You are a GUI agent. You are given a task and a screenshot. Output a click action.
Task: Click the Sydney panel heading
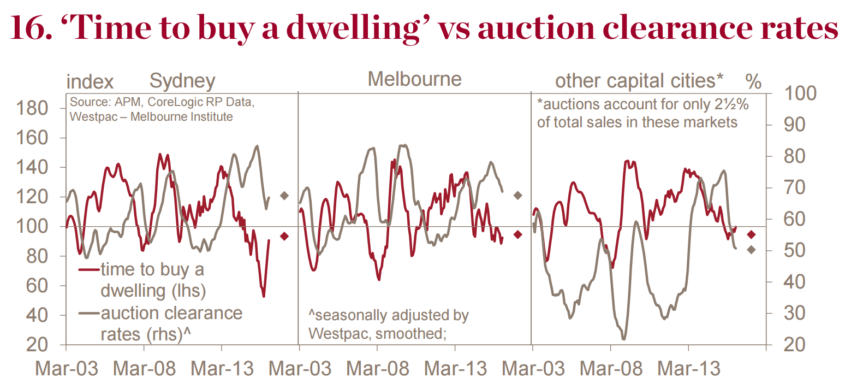tap(182, 81)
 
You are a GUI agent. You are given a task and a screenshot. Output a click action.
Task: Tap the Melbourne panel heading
tap(414, 79)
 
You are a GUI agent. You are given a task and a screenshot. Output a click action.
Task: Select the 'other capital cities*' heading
tap(639, 81)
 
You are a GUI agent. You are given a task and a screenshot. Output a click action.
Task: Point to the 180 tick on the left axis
tap(45, 108)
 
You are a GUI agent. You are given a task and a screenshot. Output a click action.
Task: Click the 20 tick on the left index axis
tap(50, 345)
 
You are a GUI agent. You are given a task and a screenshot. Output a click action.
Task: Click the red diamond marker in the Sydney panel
tap(284, 236)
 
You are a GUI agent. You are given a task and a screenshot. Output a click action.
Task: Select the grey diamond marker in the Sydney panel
tap(284, 196)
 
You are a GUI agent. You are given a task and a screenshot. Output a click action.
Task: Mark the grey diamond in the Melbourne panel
tap(518, 195)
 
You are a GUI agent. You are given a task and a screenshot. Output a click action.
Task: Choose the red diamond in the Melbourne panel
tap(518, 234)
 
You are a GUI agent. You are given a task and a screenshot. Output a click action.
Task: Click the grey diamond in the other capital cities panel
tap(751, 250)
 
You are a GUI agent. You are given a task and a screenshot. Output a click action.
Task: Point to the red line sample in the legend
tap(90, 270)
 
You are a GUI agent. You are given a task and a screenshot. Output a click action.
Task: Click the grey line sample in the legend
tap(90, 314)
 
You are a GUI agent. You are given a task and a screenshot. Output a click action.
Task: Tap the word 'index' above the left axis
tap(90, 82)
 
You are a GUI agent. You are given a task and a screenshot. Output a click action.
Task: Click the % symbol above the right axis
tap(753, 82)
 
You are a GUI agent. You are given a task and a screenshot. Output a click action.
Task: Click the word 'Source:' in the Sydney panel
tap(86, 103)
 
